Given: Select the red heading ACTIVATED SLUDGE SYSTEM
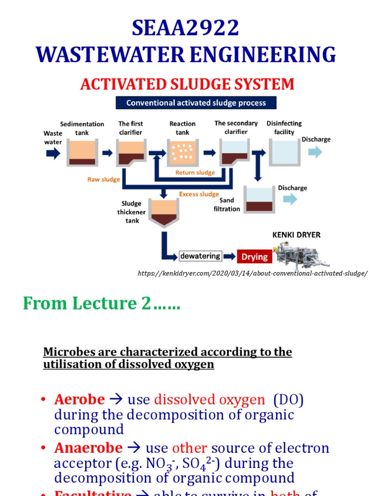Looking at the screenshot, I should [x=187, y=84].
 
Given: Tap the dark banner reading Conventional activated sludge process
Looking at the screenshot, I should [x=196, y=103].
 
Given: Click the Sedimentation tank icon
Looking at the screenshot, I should [x=82, y=153].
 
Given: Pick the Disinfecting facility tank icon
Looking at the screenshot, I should [x=284, y=153].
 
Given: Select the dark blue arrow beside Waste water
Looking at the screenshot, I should [x=52, y=153].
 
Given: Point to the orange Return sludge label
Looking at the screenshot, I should [x=195, y=173].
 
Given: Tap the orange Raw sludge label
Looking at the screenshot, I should [x=103, y=180].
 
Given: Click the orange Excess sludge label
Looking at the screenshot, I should [x=199, y=194].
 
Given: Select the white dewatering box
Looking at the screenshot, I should [x=200, y=256].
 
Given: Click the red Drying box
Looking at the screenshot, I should [x=254, y=257].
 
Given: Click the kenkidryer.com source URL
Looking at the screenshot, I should [x=252, y=274].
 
